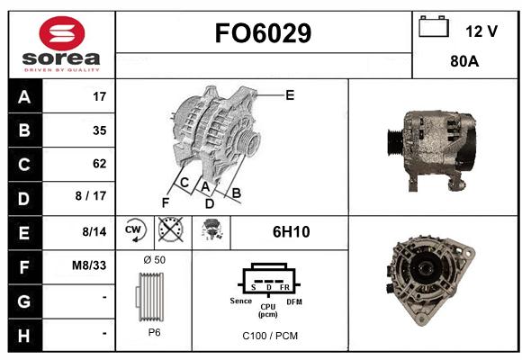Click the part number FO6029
[263, 33]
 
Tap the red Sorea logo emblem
[62, 33]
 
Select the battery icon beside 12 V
[434, 26]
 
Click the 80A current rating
[464, 61]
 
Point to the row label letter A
[24, 97]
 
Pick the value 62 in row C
[100, 164]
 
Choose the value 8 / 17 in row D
[91, 196]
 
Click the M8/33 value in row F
[89, 265]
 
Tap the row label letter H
[24, 336]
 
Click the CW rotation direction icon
[135, 230]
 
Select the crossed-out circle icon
[170, 229]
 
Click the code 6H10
[291, 232]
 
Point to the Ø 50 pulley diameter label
[154, 260]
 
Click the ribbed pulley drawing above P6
[149, 297]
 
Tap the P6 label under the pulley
[154, 332]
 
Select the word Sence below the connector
[240, 301]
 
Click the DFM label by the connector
[294, 301]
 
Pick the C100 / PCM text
[270, 336]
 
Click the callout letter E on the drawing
[290, 95]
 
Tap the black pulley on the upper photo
[395, 143]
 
